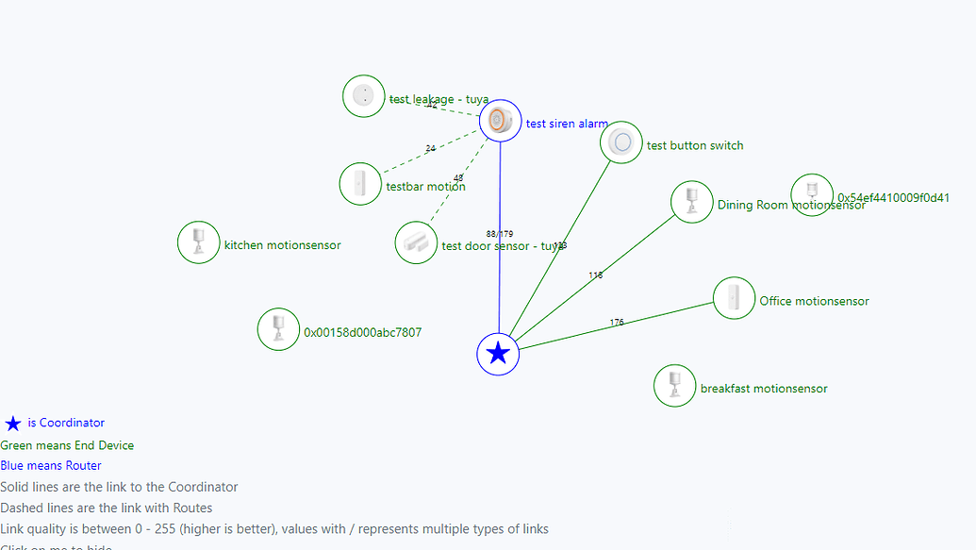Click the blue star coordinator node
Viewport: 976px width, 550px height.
point(498,354)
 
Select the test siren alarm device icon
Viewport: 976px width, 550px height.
point(500,121)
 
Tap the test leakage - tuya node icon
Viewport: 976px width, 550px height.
point(363,96)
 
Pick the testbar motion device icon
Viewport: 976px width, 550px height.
point(360,183)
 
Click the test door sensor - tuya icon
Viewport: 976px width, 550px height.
point(416,242)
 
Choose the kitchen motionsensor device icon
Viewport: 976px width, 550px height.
point(199,242)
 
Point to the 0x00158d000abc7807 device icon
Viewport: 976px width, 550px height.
point(278,329)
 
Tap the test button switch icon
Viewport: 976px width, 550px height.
point(621,142)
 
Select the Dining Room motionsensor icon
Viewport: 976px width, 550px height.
point(691,202)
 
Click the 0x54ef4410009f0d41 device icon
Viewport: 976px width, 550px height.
point(812,194)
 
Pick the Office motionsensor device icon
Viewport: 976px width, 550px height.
point(734,298)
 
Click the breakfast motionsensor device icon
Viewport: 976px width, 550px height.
point(675,385)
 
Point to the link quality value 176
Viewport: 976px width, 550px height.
point(617,323)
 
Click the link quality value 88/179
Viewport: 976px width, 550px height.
point(500,234)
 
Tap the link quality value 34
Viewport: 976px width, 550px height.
point(430,149)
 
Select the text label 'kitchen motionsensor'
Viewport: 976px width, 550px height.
point(282,245)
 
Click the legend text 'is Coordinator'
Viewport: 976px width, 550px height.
point(66,424)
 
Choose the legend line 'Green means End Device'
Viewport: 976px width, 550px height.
point(67,445)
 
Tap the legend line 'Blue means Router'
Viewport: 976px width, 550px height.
point(51,466)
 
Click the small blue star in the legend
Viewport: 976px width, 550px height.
point(13,425)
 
